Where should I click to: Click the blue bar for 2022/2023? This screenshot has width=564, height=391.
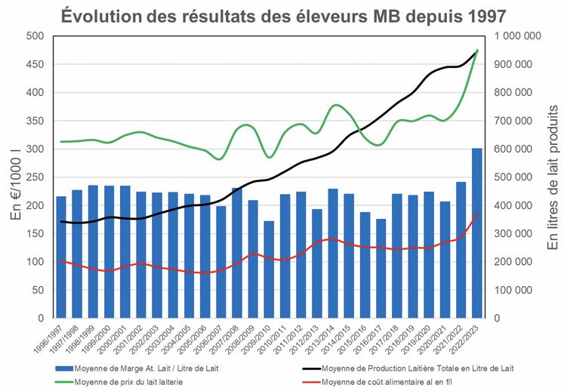point(477,233)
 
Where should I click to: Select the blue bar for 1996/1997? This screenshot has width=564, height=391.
point(61,257)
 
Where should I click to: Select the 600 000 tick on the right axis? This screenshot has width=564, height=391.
point(519,149)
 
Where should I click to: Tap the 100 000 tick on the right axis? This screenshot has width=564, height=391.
point(519,290)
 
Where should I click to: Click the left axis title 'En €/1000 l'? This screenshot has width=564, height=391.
point(17,177)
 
